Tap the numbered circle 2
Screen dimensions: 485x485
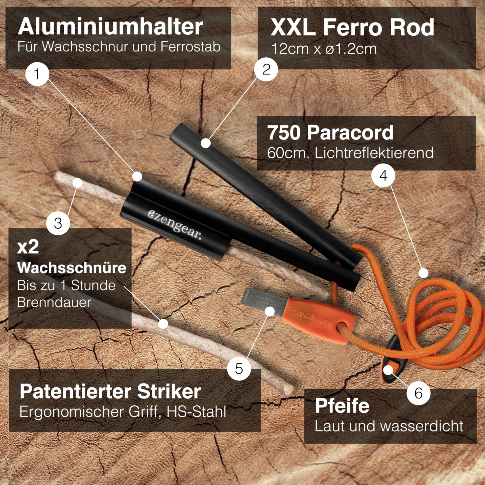point(266,69)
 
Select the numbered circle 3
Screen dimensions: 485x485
point(58,223)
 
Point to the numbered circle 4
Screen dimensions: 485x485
point(383,175)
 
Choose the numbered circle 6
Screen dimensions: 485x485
point(418,393)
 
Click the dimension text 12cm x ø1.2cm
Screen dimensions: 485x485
point(324,48)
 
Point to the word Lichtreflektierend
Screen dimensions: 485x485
point(374,153)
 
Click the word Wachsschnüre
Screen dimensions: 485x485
point(72,268)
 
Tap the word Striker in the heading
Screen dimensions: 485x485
point(169,392)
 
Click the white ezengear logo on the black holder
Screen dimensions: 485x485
point(174,224)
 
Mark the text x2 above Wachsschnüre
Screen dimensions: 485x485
point(28,247)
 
